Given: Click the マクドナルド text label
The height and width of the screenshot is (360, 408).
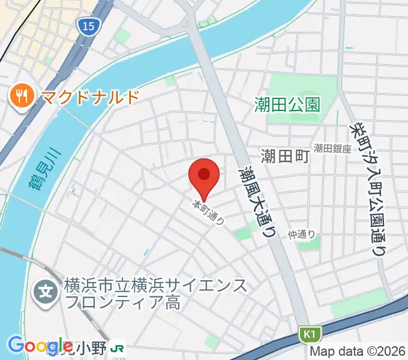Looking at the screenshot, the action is coord(90,96).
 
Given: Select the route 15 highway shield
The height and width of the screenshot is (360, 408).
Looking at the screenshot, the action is coord(86,25).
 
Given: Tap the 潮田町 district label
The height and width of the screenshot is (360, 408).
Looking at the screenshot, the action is coord(285,157).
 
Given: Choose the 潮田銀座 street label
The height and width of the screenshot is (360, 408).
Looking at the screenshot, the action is coord(332,148).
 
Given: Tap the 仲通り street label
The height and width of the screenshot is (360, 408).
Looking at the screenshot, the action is coord(301,235).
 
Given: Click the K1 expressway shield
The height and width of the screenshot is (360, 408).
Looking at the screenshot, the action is coord(307,333).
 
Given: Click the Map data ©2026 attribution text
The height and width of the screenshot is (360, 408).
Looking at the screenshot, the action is coord(358,351).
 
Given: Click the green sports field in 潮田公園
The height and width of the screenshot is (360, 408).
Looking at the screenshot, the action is coord(294,100).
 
